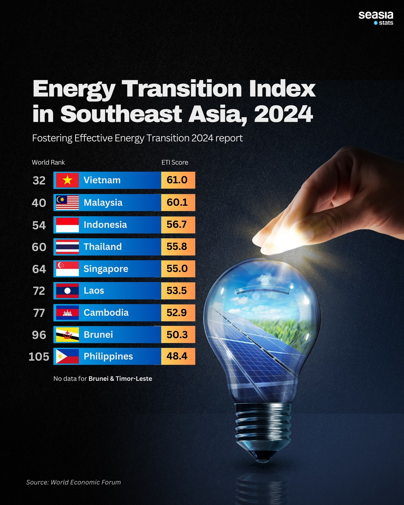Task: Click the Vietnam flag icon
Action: click(x=67, y=180)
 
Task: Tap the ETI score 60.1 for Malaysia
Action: click(x=177, y=202)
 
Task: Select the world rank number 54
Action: click(x=39, y=225)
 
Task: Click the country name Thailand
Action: click(x=102, y=247)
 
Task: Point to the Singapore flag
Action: click(x=67, y=269)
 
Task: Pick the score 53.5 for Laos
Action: click(x=177, y=291)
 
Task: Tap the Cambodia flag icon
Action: click(x=67, y=313)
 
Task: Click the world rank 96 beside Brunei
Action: click(x=39, y=335)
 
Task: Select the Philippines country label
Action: click(x=108, y=356)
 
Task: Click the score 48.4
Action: click(x=177, y=356)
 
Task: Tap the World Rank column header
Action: click(x=48, y=162)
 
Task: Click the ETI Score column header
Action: click(x=175, y=162)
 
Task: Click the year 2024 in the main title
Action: click(x=283, y=114)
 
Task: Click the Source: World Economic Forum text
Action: click(x=73, y=482)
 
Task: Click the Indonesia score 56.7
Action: click(x=177, y=225)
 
